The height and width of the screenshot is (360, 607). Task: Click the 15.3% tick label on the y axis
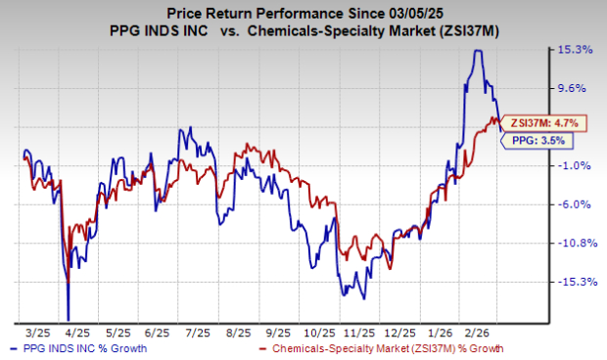pyautogui.click(x=575, y=49)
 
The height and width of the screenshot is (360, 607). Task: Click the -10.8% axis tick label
pyautogui.click(x=575, y=244)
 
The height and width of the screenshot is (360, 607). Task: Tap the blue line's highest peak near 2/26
pyautogui.click(x=477, y=51)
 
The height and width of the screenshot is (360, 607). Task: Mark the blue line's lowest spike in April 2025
pyautogui.click(x=69, y=318)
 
